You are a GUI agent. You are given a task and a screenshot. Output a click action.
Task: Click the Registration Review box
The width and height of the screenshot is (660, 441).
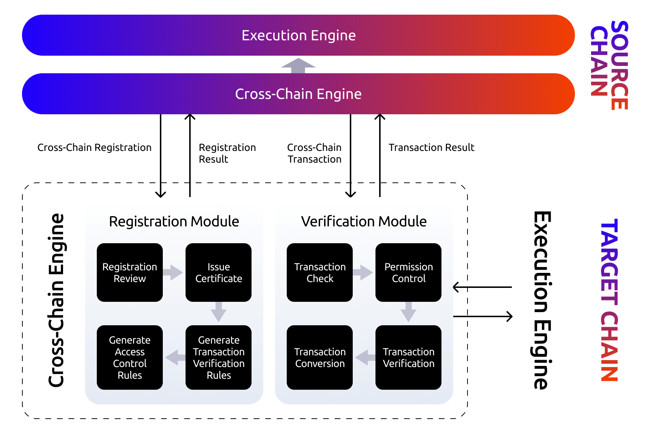coord(130,273)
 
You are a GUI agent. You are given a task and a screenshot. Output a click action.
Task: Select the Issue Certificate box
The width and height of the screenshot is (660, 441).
coord(219,273)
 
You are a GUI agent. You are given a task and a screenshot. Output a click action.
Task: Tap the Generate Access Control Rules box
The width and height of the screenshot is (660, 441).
coord(130,357)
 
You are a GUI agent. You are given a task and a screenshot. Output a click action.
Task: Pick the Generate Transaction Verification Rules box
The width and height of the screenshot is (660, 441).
coord(219,357)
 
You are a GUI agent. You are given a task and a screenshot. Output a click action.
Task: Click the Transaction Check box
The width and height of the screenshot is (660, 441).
coord(320,273)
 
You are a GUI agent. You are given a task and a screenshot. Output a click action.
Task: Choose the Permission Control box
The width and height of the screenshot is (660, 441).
coord(408,273)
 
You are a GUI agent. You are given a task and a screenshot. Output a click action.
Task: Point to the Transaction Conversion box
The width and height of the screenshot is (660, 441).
coord(320,357)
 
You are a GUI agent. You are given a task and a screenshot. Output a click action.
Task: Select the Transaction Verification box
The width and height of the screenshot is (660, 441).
coord(408,357)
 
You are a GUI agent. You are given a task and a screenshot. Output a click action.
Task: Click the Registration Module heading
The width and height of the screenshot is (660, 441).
coord(174,222)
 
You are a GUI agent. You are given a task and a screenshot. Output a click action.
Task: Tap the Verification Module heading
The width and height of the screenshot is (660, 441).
coord(364,222)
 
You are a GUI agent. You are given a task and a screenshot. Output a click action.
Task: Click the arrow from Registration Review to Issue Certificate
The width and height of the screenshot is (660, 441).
coord(173,273)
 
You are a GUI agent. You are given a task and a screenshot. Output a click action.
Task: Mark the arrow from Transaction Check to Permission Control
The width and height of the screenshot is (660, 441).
coord(363,273)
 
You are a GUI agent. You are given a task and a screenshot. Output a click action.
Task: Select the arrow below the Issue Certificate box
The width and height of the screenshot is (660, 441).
coord(219,312)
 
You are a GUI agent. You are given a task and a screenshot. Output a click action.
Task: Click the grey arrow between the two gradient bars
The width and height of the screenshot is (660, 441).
coord(298,65)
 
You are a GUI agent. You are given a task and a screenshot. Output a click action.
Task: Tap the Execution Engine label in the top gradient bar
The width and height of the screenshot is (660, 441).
coord(298,36)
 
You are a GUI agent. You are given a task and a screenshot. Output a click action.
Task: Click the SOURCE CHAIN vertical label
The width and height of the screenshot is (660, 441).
coord(609,65)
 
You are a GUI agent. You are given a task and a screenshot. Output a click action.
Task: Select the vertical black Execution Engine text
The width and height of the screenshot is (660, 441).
coord(542,300)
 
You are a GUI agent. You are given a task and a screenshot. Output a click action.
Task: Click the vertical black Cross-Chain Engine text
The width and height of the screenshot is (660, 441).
coord(56,300)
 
